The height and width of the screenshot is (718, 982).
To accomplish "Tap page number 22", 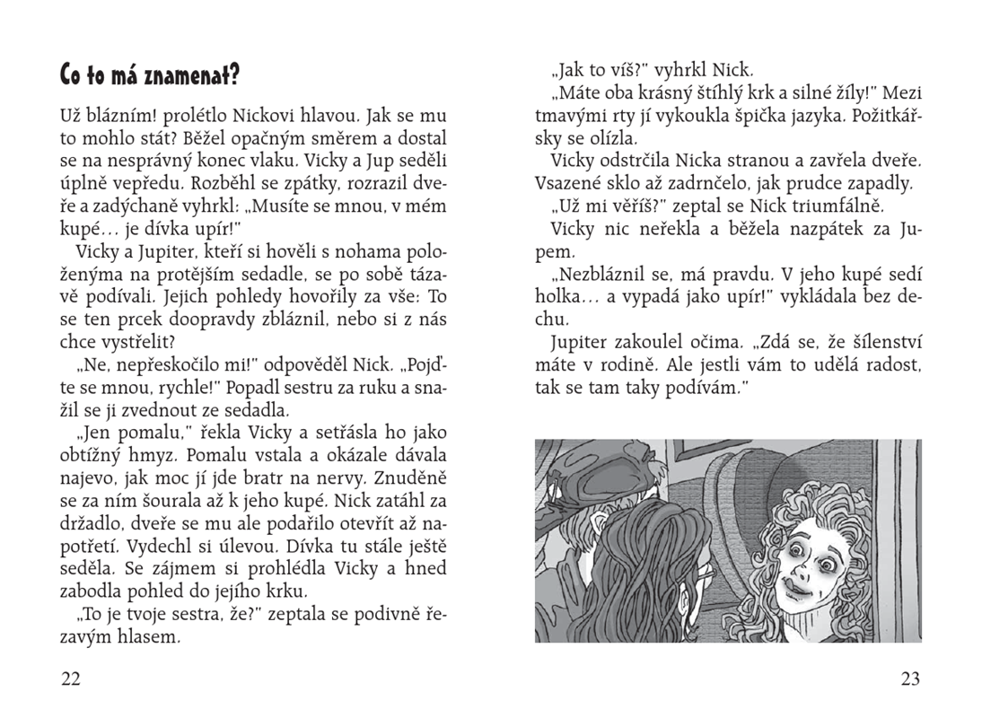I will [70, 679].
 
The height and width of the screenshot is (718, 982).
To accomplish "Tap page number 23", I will [910, 679].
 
